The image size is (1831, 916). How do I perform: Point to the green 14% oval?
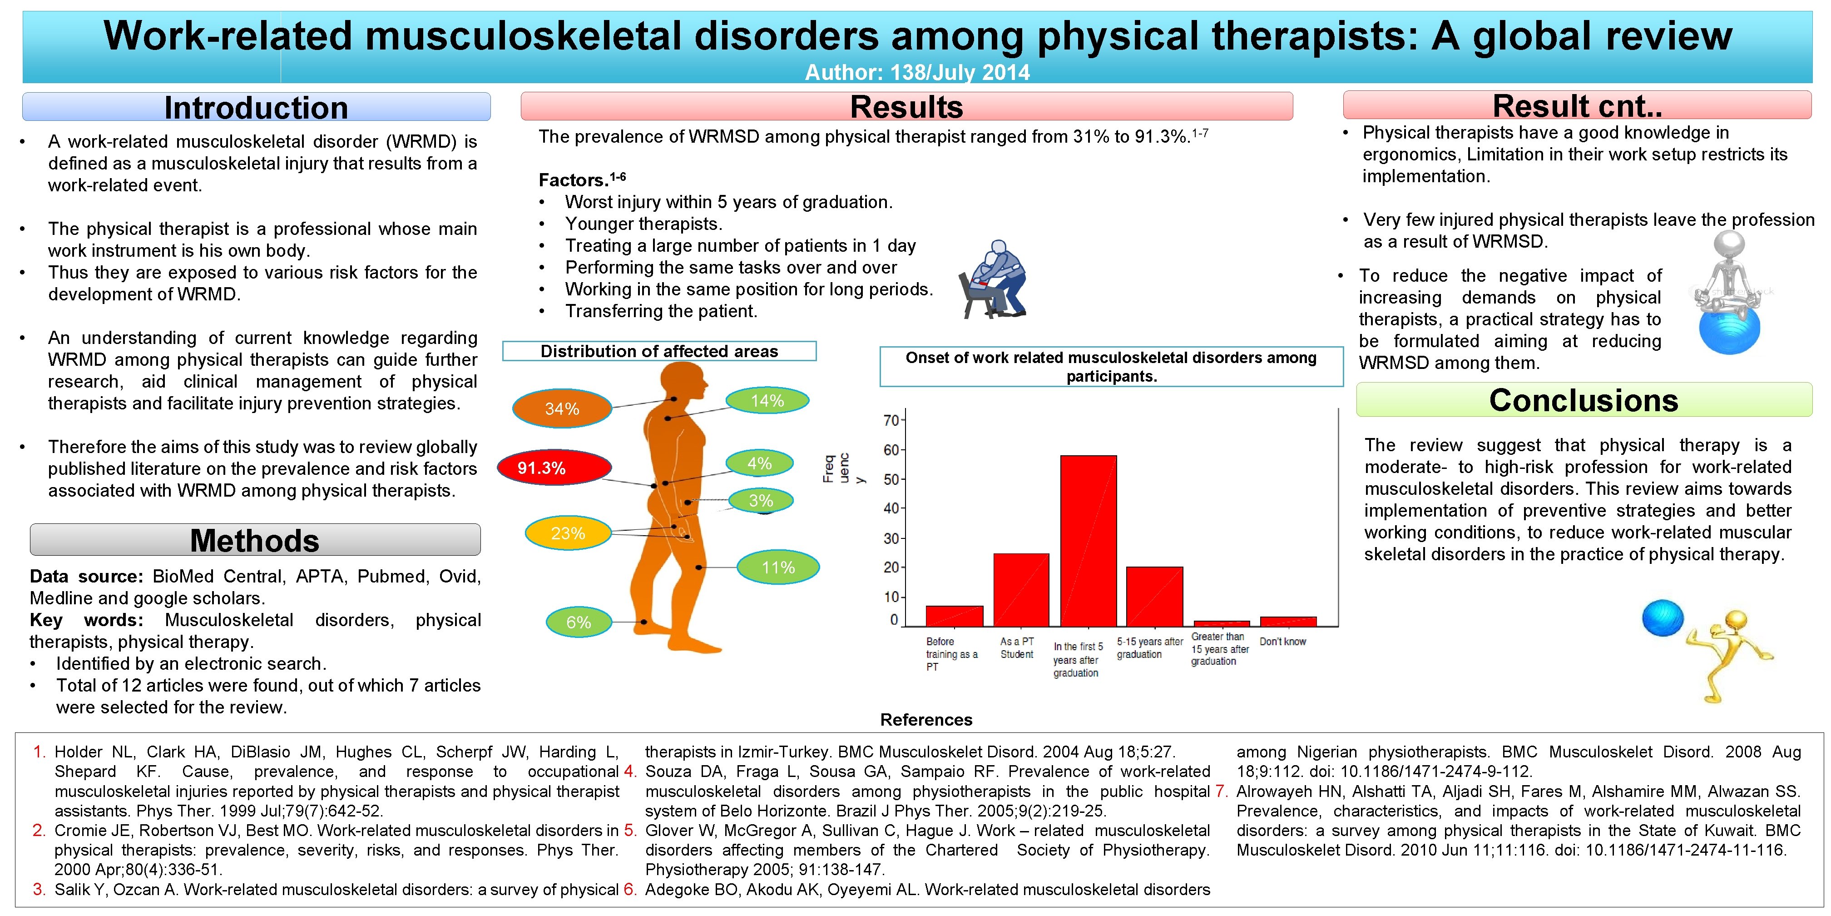point(767,400)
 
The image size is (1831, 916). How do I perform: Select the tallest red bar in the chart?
point(1088,541)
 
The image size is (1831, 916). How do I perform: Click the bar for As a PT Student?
point(1021,590)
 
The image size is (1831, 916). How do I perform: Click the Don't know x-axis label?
point(1282,642)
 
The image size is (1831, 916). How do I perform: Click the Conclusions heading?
point(1583,400)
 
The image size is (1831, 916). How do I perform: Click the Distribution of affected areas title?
point(659,351)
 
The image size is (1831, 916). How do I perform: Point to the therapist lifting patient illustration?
point(993,279)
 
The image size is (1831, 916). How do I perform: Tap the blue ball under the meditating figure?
point(1729,331)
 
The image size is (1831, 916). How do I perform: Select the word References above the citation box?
point(925,720)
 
